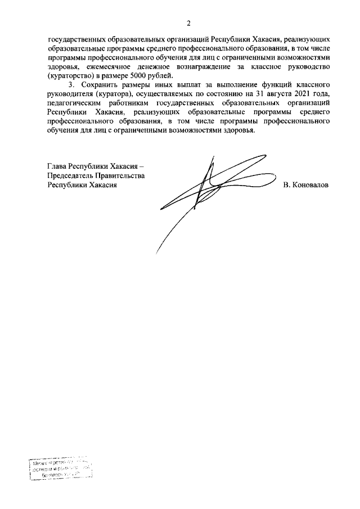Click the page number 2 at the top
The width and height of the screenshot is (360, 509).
pyautogui.click(x=189, y=24)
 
